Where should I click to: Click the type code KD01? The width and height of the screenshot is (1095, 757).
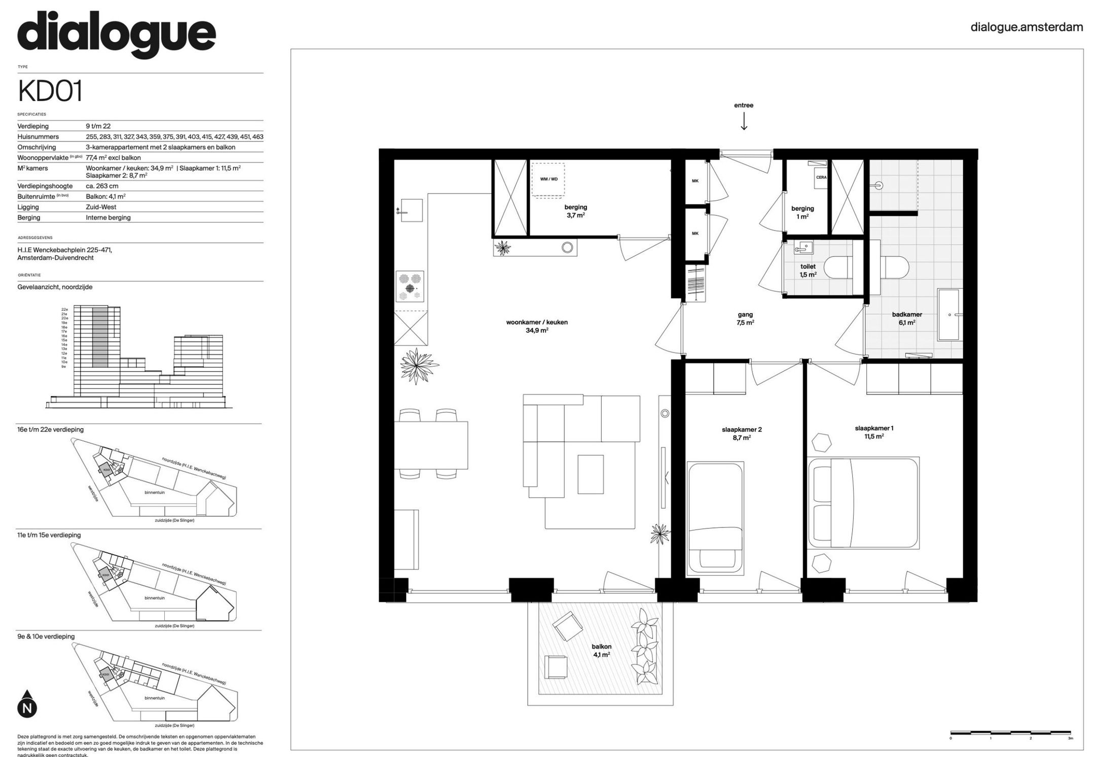tap(50, 92)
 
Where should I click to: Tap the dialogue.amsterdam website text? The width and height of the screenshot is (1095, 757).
tap(1027, 27)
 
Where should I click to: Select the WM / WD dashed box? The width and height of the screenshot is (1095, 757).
tap(548, 179)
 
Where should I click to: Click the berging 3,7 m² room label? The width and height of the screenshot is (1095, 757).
tap(575, 211)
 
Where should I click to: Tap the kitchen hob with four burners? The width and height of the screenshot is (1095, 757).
tap(410, 286)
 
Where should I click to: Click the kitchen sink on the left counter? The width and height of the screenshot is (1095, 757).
tap(411, 210)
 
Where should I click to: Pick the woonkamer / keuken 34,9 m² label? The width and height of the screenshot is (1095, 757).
tap(537, 326)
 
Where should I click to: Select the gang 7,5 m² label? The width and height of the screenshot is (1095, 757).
tap(745, 318)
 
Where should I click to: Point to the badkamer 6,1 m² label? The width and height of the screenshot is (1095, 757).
tap(907, 318)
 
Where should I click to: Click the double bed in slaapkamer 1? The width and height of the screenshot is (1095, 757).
tap(863, 503)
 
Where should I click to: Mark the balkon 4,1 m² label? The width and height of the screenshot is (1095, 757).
tap(601, 650)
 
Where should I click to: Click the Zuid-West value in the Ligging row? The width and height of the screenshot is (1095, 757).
tap(101, 207)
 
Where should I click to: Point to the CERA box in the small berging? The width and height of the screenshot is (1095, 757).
tap(821, 177)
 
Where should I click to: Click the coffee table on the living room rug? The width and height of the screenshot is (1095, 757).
tap(590, 474)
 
